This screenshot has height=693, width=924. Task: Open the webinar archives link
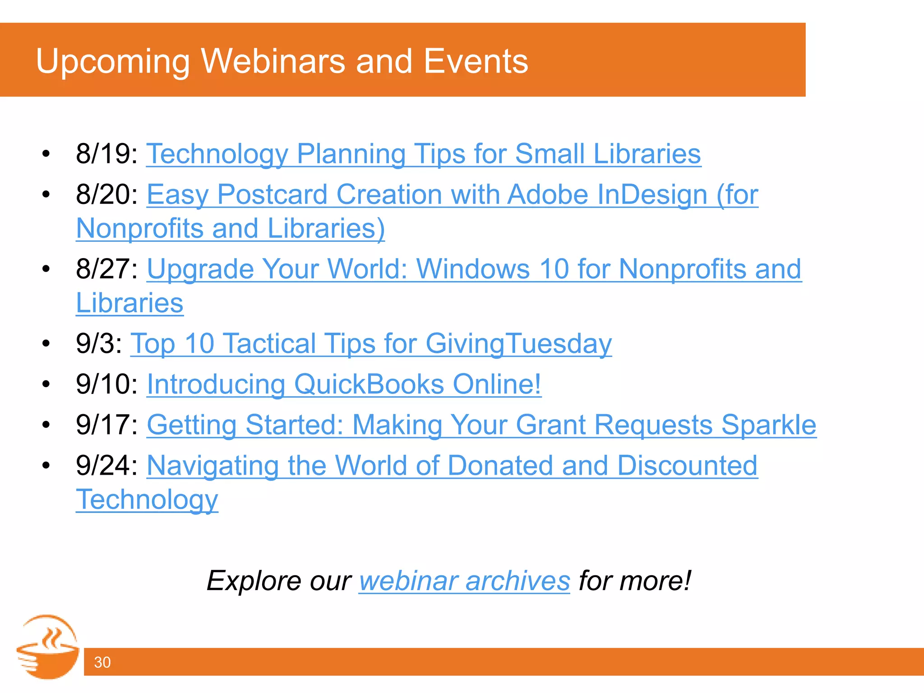point(464,581)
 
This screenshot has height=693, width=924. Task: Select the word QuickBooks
point(369,384)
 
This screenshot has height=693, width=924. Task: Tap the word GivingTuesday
point(518,344)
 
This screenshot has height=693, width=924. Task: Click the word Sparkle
point(768,425)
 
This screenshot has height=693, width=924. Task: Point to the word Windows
point(473,269)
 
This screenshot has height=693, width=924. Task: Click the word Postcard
point(272,195)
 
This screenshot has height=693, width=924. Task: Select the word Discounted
point(687,466)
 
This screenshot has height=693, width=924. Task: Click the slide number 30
point(102,662)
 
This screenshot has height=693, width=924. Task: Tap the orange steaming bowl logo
point(48,647)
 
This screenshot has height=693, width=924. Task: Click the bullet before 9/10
point(46,384)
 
